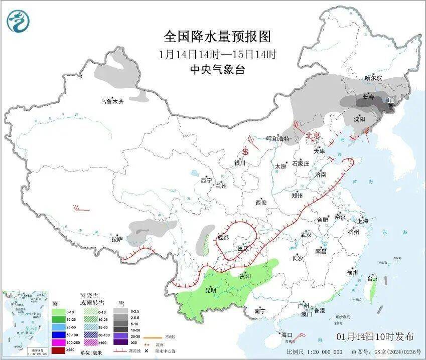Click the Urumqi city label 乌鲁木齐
[x=111, y=101]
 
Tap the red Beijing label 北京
[x=313, y=135]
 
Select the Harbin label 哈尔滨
[x=373, y=78]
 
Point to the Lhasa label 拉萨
[x=117, y=239]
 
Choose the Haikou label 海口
[x=287, y=334]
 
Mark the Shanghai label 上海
[x=363, y=221]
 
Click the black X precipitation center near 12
[x=391, y=105]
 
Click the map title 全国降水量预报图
[x=217, y=37]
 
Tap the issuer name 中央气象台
[x=217, y=70]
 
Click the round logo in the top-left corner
[x=19, y=21]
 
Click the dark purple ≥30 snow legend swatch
[x=121, y=342]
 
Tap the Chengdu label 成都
[x=223, y=237]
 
